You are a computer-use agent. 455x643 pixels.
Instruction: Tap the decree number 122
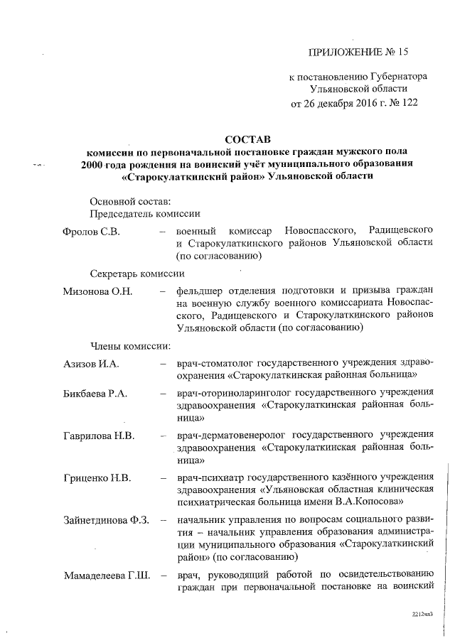coord(408,102)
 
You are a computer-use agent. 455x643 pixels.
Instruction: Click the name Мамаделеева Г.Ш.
coord(105,575)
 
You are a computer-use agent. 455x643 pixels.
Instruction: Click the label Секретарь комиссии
coord(138,274)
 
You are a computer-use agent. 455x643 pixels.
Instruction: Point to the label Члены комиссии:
coord(130,347)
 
